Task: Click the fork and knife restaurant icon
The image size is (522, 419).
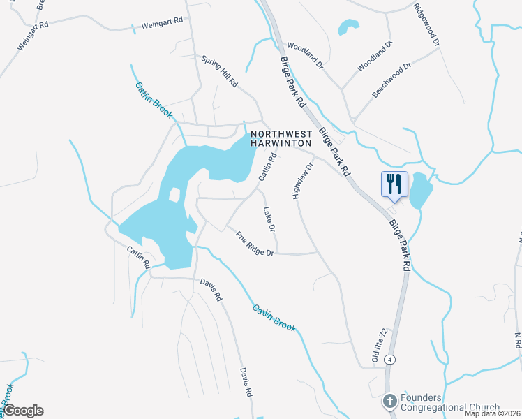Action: coord(394,184)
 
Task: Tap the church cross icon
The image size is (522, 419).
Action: coord(389,402)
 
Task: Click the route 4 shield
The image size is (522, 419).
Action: coord(392,358)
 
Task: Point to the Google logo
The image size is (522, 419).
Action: coord(23,411)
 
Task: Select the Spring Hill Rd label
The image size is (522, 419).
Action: coord(220,71)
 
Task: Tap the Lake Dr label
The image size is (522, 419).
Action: coord(269,219)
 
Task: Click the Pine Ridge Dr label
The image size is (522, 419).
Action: coord(254,243)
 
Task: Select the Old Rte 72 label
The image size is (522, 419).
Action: coord(381,344)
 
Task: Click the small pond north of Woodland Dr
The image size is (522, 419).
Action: coord(346,27)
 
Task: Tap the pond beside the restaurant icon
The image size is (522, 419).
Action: coord(420,190)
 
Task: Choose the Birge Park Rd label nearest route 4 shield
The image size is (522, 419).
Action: coord(399,244)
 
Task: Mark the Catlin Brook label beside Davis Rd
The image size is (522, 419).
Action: coord(274,318)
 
